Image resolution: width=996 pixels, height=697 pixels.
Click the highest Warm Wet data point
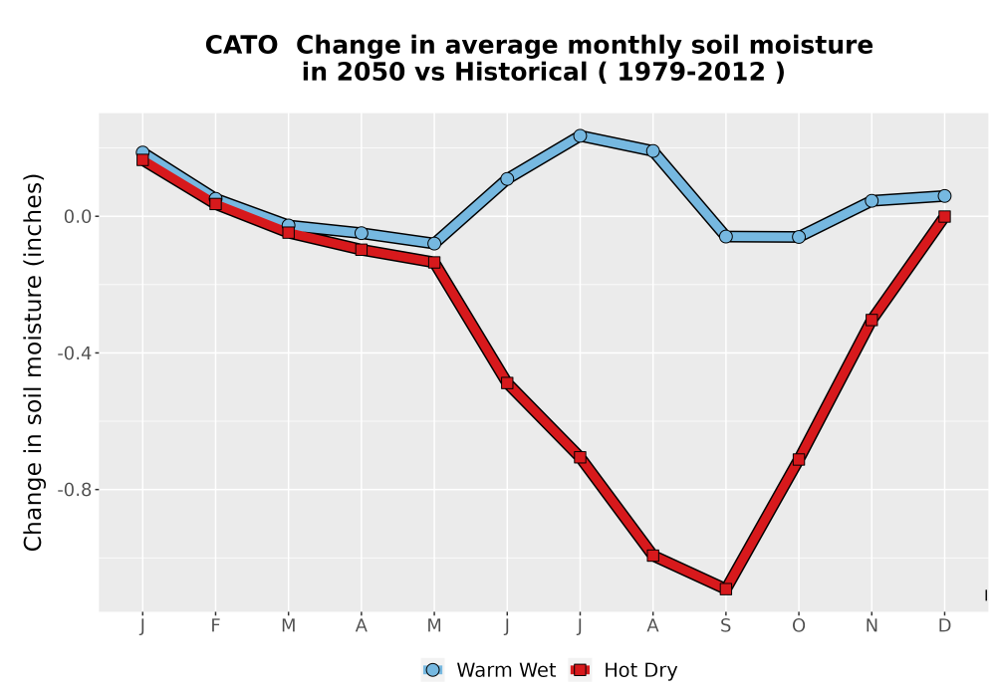pos(580,135)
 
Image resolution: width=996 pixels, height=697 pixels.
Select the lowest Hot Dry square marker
pos(725,589)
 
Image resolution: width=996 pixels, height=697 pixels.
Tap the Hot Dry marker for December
pos(944,216)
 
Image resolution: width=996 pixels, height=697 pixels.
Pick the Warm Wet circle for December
pos(944,195)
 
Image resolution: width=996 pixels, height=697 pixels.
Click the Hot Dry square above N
pos(871,320)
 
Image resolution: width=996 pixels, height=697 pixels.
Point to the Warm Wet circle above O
pos(799,237)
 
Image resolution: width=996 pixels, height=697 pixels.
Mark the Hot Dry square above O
pos(799,459)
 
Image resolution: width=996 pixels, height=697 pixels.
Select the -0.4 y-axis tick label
pos(75,352)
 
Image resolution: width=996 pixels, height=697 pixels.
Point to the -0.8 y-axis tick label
pos(75,490)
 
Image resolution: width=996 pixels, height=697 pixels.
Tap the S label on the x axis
pos(725,626)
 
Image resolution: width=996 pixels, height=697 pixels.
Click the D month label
pos(944,626)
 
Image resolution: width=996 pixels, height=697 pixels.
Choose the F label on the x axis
pos(215,626)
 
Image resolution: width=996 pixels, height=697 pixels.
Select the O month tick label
pos(799,626)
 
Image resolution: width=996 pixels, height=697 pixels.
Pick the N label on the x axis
pos(871,626)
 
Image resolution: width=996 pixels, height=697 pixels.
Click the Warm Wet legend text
pos(506,670)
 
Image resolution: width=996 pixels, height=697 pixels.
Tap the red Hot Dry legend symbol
pos(580,670)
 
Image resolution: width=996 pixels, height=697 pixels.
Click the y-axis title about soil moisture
pos(33,361)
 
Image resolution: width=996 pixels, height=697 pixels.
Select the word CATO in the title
pos(241,46)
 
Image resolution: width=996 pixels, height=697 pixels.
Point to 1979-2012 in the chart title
pos(691,72)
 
